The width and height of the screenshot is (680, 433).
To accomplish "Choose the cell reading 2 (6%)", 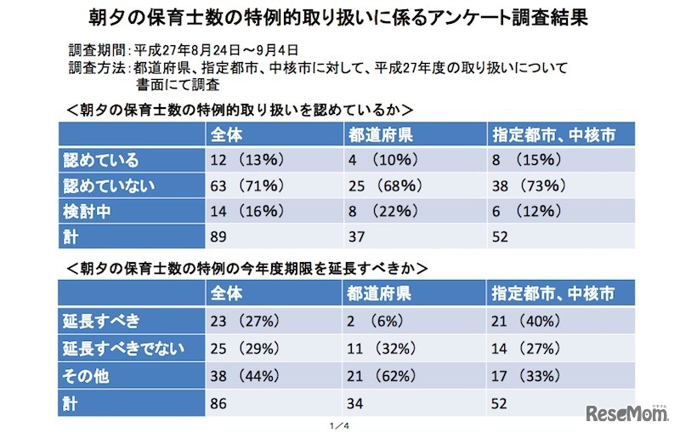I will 375,322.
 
